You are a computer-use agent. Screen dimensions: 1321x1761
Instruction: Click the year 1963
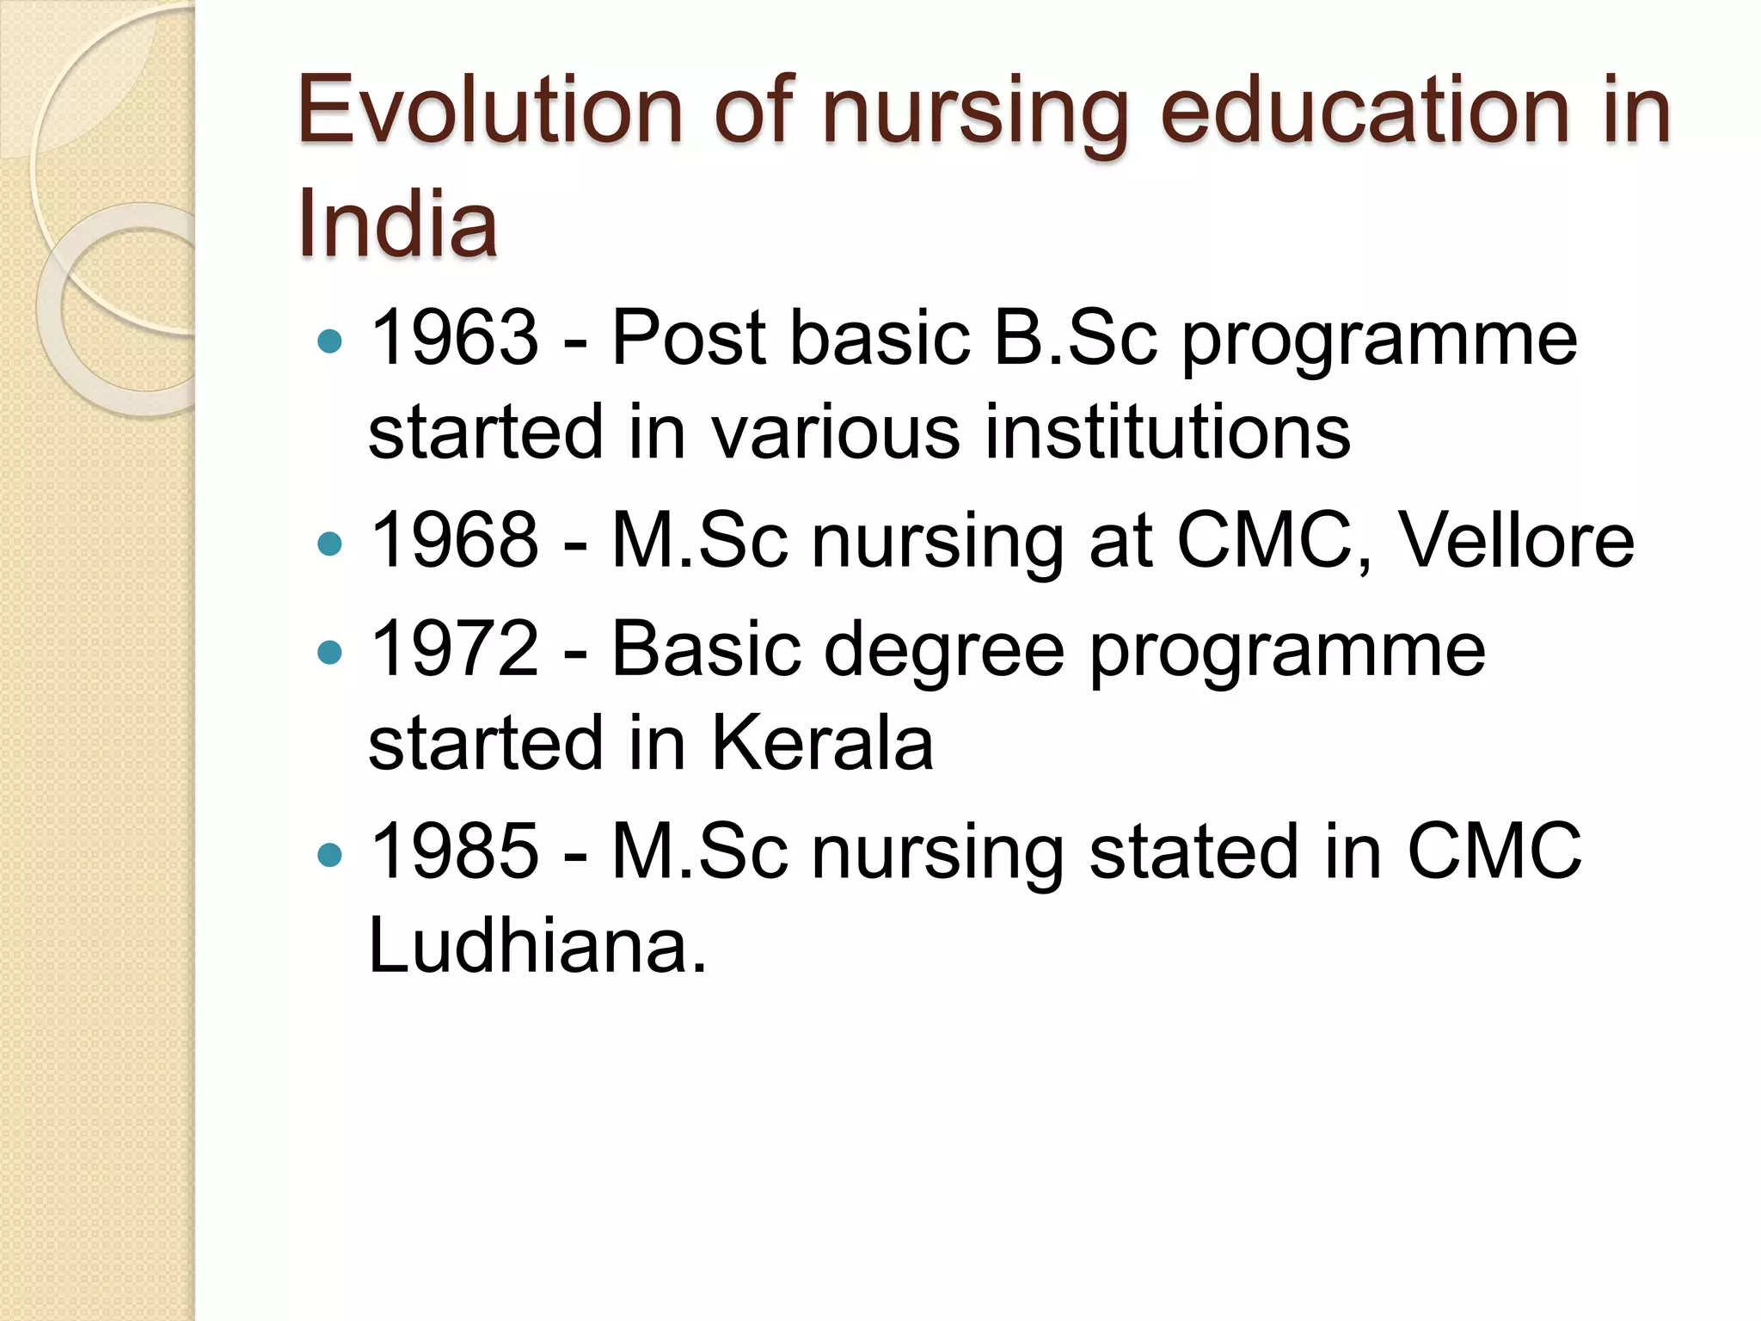453,338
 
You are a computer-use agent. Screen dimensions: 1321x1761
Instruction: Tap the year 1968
453,541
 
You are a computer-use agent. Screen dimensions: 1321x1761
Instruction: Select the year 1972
453,649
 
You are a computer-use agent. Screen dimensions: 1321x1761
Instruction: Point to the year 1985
453,851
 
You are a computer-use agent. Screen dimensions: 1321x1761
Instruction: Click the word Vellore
1517,541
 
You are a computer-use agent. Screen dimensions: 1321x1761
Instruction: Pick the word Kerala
822,743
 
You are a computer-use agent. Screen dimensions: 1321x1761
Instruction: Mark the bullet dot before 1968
329,544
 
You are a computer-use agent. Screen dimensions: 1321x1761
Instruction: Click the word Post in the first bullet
688,338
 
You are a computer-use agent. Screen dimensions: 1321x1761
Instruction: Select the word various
835,432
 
